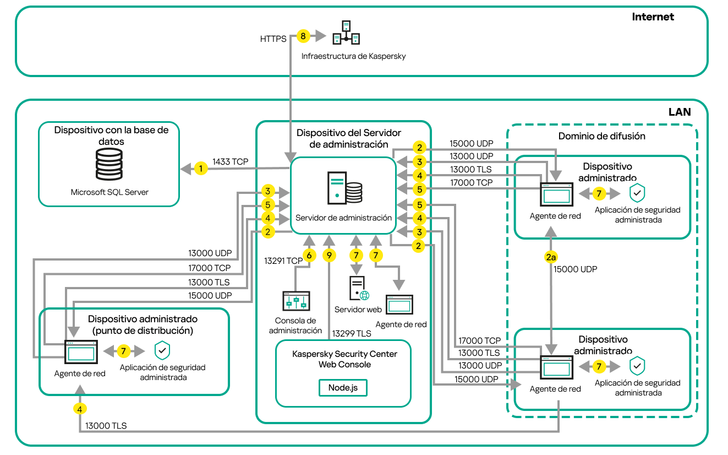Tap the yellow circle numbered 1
[x=201, y=169]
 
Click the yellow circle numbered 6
[x=309, y=256]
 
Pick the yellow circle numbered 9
[x=329, y=256]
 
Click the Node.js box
[x=343, y=387]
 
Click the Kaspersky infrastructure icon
[x=347, y=33]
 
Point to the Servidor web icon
[x=358, y=288]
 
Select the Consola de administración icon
[x=295, y=302]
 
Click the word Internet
[x=653, y=17]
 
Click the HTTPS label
[x=273, y=39]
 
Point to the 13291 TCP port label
[x=283, y=261]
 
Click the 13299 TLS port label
[x=351, y=333]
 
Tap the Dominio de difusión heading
[x=601, y=136]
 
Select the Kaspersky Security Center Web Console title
[x=344, y=359]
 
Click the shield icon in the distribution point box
[x=162, y=350]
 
